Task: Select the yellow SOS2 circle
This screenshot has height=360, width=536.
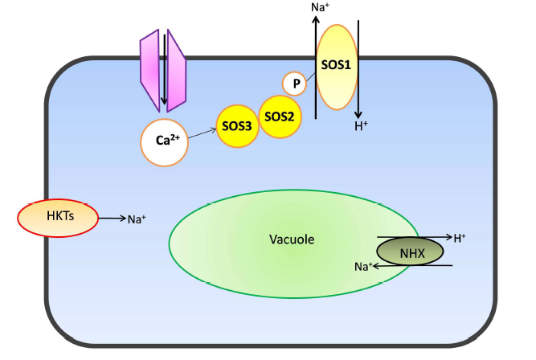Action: tap(279, 117)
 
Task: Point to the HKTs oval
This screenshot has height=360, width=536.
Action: tap(57, 217)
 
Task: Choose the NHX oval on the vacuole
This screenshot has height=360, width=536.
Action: tap(411, 253)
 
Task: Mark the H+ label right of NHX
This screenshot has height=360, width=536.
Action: tap(460, 238)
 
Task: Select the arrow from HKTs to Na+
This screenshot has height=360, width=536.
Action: tap(109, 218)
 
